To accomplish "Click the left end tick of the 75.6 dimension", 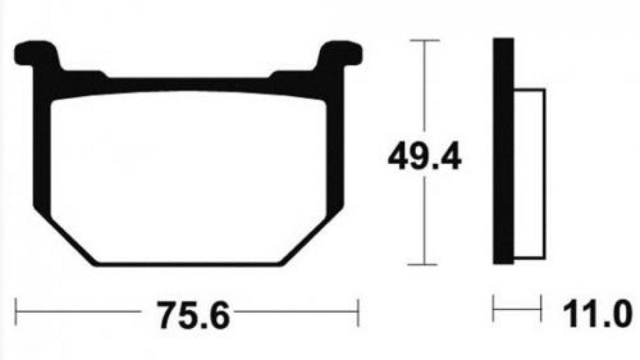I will pyautogui.click(x=16, y=310).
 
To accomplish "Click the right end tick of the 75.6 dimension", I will pyautogui.click(x=359, y=310).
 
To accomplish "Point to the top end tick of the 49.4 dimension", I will pyautogui.click(x=424, y=41).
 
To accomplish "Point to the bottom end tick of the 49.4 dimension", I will pyautogui.click(x=424, y=265).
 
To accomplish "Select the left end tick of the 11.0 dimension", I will pyautogui.click(x=494, y=310).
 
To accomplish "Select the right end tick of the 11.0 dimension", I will pyautogui.click(x=541, y=310).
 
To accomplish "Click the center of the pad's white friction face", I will pyautogui.click(x=189, y=177).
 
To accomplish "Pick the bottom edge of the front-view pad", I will pyautogui.click(x=189, y=263).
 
